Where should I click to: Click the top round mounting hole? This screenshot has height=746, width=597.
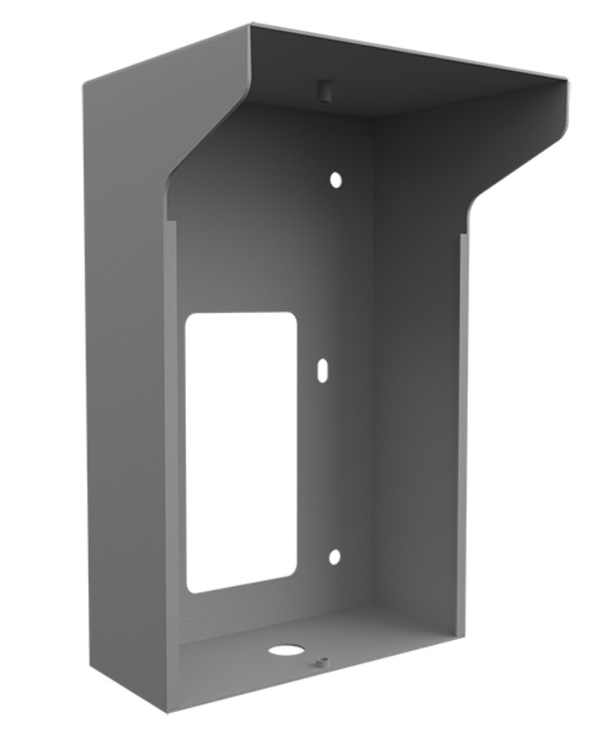(x=335, y=180)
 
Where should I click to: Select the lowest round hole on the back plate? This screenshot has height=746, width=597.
(x=334, y=556)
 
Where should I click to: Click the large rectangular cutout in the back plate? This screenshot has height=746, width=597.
(x=240, y=451)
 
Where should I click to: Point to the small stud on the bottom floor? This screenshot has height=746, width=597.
(x=322, y=662)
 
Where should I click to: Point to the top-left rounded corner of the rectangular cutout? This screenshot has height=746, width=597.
(x=192, y=319)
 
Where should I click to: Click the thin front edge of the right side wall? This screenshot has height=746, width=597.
(x=463, y=438)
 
